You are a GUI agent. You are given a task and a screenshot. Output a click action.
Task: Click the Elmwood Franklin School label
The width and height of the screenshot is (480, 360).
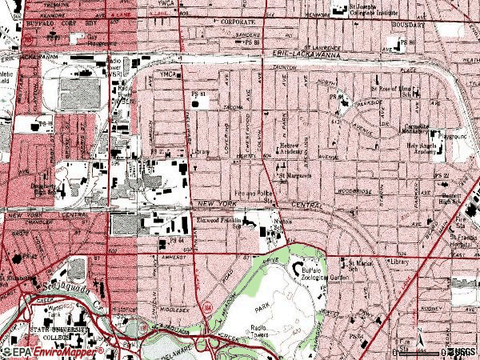219,222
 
